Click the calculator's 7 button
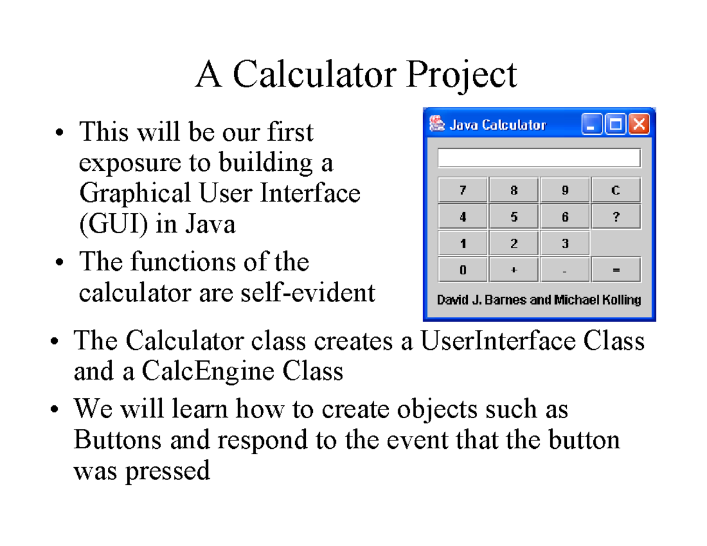(x=462, y=190)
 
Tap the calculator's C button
(x=616, y=190)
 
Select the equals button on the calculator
(x=616, y=270)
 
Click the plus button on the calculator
(x=514, y=270)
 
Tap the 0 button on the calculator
(x=462, y=270)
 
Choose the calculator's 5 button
(x=514, y=217)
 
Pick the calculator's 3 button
(x=564, y=243)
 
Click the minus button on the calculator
(x=564, y=270)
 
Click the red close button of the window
(x=639, y=124)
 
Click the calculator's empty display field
(x=538, y=158)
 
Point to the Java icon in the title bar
(x=437, y=124)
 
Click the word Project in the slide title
(x=461, y=75)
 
